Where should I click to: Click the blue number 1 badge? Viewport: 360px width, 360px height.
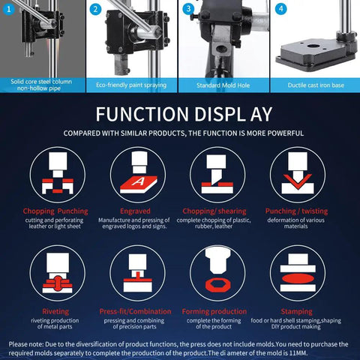coord(9,10)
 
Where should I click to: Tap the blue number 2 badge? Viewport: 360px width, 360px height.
coord(95,10)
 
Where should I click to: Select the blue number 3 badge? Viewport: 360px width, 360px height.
coord(188,9)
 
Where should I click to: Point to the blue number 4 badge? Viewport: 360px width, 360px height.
coord(280,9)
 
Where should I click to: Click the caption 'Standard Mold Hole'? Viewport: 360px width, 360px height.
coord(223,85)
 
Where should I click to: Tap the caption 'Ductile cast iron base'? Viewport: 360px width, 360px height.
coord(316,85)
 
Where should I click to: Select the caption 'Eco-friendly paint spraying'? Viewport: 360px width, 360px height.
coord(131,85)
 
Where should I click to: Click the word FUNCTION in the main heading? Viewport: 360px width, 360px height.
coord(142,114)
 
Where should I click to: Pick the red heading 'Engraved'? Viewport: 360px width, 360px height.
coord(135,211)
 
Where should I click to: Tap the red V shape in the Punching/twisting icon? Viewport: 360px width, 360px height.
coord(298,181)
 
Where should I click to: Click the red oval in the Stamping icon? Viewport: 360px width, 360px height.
coord(298,278)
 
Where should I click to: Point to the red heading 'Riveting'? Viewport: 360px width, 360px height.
coord(55,311)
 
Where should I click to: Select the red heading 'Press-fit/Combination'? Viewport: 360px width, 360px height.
coord(135,311)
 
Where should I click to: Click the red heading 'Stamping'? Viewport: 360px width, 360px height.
coord(296,312)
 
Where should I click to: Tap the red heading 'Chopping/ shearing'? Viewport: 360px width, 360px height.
coord(214,211)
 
